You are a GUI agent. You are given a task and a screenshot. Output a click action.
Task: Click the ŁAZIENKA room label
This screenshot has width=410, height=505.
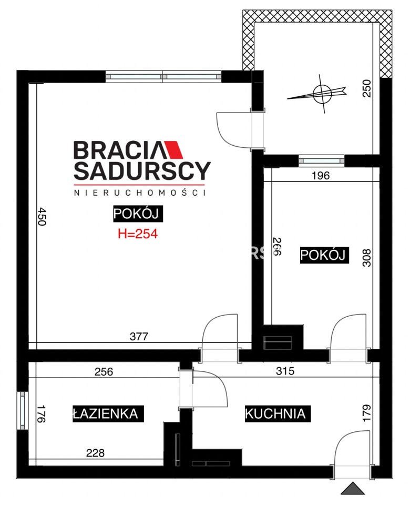coord(108,413)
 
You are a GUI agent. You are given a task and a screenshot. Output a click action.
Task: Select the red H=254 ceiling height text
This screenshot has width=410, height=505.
coord(138,234)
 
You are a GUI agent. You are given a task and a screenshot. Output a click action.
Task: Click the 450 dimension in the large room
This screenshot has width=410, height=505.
coord(42,217)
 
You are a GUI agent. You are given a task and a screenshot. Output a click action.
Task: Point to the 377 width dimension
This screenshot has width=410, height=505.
coord(139,337)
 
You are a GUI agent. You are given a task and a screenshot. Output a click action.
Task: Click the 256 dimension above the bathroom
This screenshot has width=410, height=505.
coord(104,372)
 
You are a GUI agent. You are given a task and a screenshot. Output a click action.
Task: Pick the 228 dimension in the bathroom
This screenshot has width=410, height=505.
coord(95,453)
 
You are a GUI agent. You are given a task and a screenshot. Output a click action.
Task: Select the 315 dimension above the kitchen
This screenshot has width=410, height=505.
coord(285,371)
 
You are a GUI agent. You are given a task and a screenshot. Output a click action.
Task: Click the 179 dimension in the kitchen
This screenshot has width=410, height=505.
coord(366,412)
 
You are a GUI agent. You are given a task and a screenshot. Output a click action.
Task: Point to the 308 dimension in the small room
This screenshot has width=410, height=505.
coord(366,258)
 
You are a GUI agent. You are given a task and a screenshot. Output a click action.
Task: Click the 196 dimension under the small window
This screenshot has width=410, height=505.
coord(321,176)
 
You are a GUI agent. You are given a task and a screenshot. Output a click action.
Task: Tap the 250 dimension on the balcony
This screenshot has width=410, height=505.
coord(366,88)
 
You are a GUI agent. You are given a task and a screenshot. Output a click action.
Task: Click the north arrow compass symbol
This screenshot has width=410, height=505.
coord(322,94)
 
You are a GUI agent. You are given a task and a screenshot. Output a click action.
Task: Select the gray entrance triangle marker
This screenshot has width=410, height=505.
coord(353,489)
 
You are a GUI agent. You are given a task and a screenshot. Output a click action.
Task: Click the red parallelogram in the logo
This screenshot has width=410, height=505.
coord(172,150)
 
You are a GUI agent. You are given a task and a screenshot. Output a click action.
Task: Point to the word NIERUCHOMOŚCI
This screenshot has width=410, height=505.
coord(140,193)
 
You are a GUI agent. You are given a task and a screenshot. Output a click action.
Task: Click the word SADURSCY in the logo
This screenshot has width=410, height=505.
coord(142,170)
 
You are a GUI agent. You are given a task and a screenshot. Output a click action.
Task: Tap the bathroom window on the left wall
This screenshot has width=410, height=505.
coord(23,411)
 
